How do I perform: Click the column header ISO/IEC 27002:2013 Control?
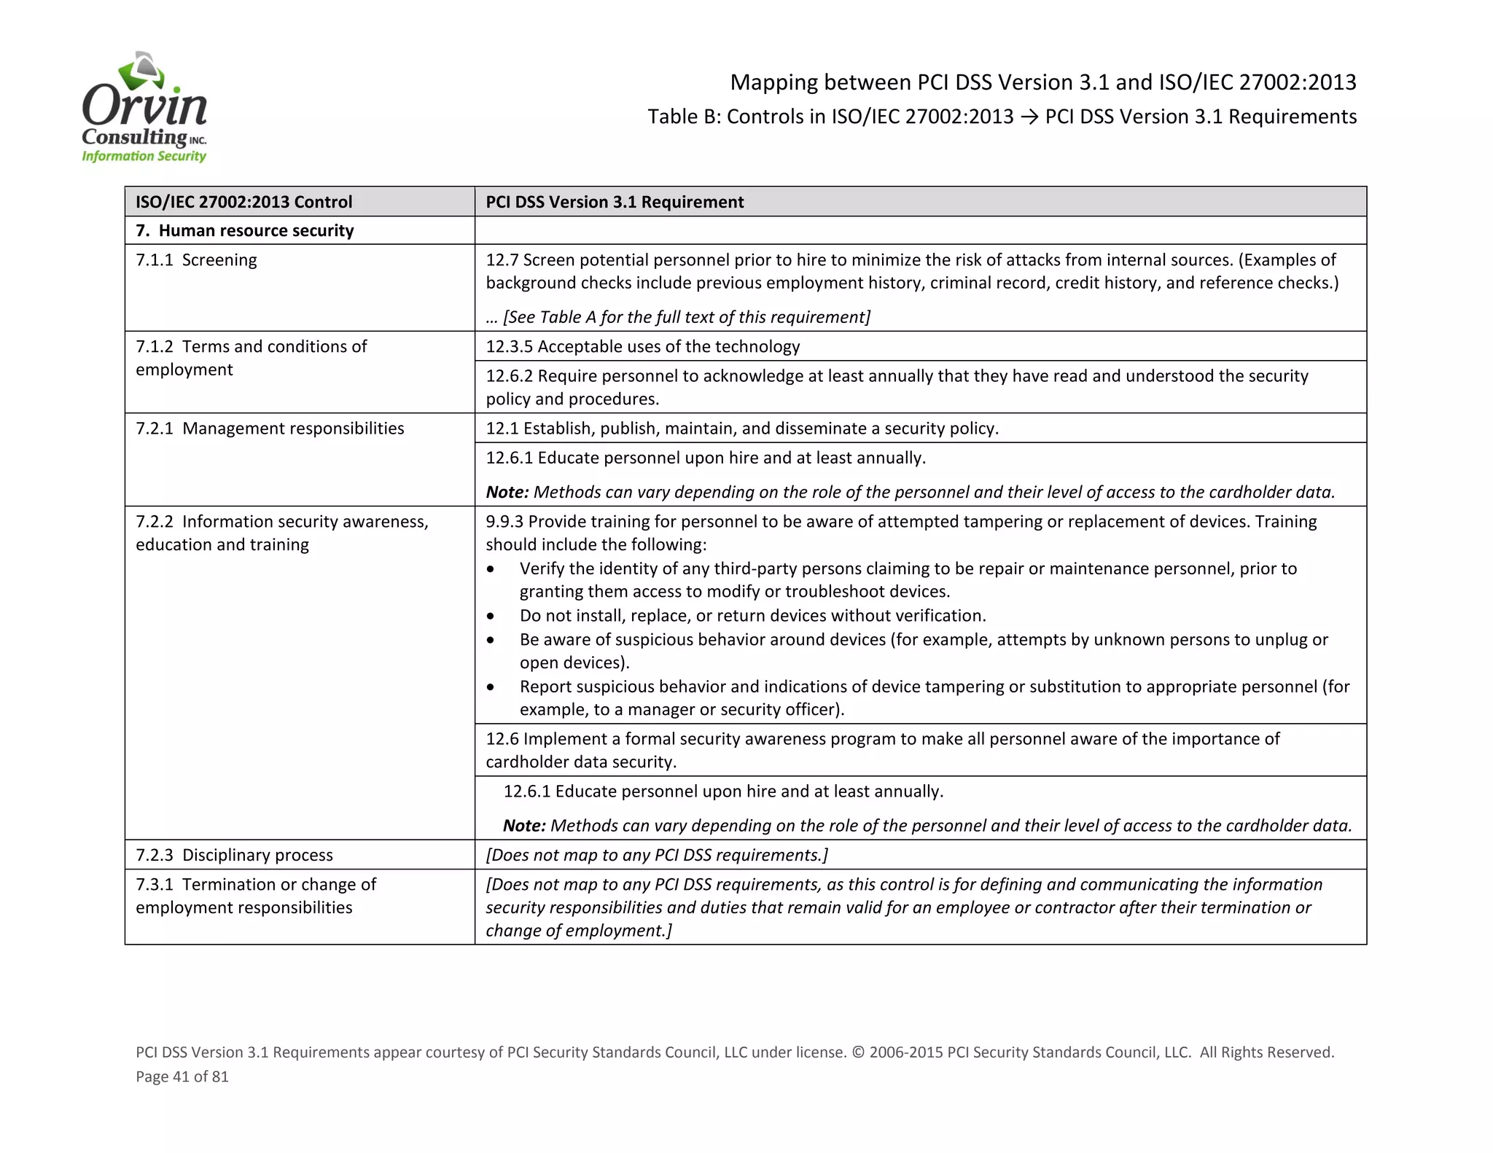pyautogui.click(x=243, y=202)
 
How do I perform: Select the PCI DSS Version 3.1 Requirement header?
pyautogui.click(x=614, y=202)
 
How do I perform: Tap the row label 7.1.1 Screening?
pyautogui.click(x=196, y=260)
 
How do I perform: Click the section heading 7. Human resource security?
pyautogui.click(x=244, y=231)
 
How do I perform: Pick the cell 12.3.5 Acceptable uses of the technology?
pyautogui.click(x=642, y=346)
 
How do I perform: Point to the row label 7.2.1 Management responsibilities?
pyautogui.click(x=270, y=429)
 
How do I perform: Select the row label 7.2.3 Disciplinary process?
pyautogui.click(x=234, y=855)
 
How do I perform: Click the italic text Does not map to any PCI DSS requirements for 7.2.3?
pyautogui.click(x=656, y=855)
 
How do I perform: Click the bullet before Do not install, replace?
pyautogui.click(x=491, y=617)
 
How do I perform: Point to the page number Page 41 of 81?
pyautogui.click(x=182, y=1076)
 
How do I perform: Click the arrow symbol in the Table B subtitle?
pyautogui.click(x=1029, y=117)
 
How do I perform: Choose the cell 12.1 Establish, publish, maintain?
pyautogui.click(x=741, y=429)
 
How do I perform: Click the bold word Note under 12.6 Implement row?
pyautogui.click(x=523, y=826)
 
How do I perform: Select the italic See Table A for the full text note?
pyautogui.click(x=678, y=317)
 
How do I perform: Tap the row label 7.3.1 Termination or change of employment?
pyautogui.click(x=255, y=896)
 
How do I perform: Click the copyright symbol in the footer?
pyautogui.click(x=857, y=1052)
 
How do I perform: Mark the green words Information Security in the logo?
pyautogui.click(x=144, y=156)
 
